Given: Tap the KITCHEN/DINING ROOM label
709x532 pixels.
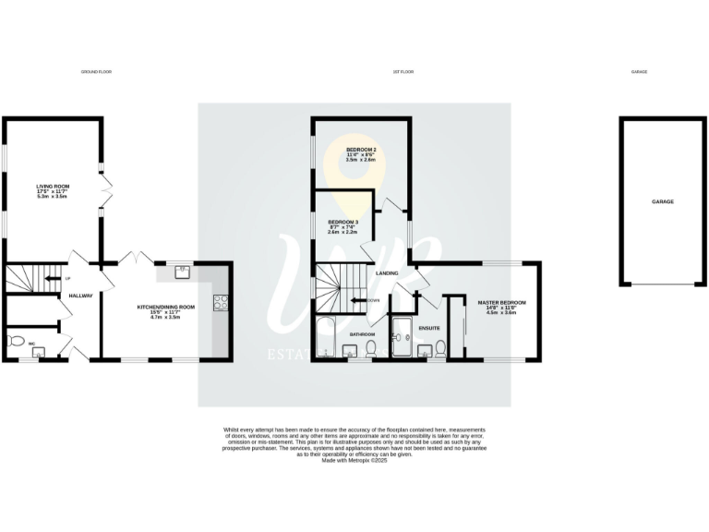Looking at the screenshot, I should (166, 306).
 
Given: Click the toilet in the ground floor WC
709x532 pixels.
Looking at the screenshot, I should (15, 341).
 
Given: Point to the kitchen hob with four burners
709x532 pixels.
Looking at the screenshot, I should (221, 301).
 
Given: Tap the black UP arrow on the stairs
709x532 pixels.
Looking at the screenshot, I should (54, 278).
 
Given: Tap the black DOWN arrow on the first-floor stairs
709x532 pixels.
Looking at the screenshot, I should (360, 300).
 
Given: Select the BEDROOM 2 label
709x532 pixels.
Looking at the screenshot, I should (361, 150).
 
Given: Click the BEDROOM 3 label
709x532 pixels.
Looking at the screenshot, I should (343, 223).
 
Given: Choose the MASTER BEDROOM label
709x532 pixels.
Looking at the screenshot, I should (501, 302).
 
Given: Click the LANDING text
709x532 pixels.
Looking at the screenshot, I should (387, 273).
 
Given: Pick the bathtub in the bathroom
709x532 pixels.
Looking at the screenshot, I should (326, 339).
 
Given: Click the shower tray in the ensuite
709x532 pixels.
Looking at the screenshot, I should (403, 338).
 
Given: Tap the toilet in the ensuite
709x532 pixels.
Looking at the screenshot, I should (441, 347).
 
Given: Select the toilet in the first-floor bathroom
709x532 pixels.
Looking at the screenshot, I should (370, 347).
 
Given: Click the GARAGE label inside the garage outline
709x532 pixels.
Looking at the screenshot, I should (663, 201).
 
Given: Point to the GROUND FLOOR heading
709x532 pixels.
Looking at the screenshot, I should (96, 71).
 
